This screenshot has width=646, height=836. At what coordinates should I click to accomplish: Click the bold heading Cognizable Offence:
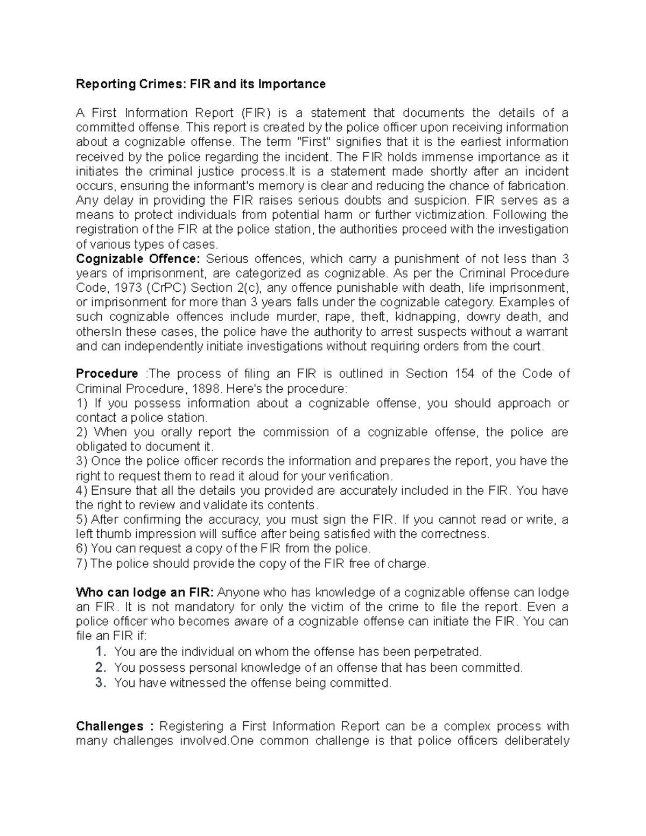(x=138, y=258)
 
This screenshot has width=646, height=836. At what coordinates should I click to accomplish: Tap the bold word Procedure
(x=107, y=374)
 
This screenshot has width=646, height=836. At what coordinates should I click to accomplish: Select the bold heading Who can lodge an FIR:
(x=145, y=592)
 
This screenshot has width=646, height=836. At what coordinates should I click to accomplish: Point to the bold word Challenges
(x=110, y=726)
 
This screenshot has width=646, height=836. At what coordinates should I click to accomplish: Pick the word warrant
(x=546, y=332)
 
